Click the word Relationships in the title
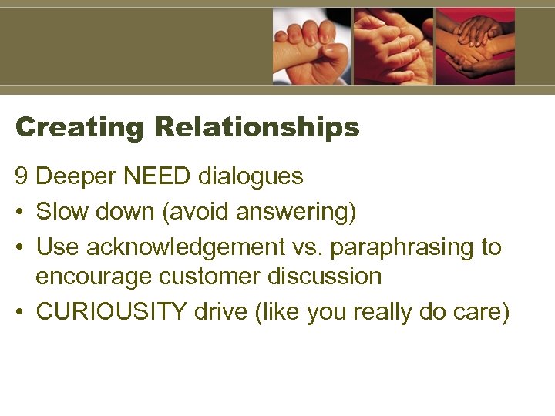257,127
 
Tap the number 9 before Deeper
22,176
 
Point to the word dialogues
251,176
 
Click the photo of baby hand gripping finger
311,45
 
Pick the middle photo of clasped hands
393,45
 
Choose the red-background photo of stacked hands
475,45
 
